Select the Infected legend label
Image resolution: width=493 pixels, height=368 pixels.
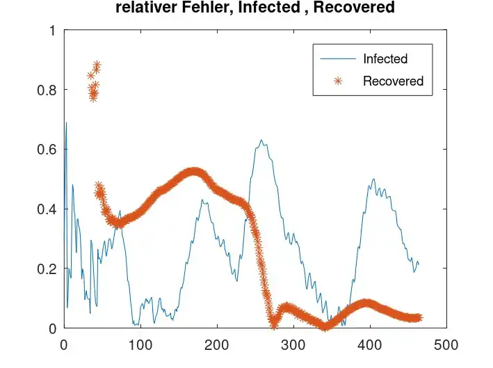(385, 59)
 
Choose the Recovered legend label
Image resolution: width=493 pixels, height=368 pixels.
(393, 81)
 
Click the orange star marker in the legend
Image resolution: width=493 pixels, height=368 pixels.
(338, 81)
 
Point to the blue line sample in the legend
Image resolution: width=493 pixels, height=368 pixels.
(338, 59)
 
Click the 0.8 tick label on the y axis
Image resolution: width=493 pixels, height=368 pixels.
(48, 90)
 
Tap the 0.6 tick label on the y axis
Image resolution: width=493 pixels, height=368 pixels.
(48, 150)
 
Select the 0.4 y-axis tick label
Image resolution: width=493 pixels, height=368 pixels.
(48, 209)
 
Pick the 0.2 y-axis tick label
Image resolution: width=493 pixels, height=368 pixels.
(48, 269)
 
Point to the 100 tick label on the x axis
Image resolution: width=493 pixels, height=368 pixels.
(140, 344)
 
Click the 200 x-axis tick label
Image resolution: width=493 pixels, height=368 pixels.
(217, 344)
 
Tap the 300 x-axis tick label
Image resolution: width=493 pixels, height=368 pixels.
(293, 344)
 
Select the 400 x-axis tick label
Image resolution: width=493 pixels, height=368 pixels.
(370, 344)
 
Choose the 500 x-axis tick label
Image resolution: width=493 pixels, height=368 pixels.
(446, 344)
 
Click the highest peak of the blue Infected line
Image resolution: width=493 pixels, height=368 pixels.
(66, 123)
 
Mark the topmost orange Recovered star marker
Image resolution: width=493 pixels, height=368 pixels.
(97, 65)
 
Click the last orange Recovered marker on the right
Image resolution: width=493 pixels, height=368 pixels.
(419, 317)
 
